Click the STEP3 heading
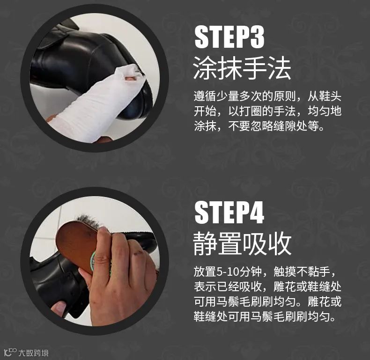click(x=229, y=37)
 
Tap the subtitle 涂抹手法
click(x=242, y=69)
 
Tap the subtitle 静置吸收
click(x=242, y=243)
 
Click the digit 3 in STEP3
click(x=256, y=37)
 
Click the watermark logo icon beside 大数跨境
click(x=10, y=351)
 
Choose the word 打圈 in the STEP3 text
click(x=245, y=112)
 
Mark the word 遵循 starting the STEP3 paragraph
click(x=205, y=97)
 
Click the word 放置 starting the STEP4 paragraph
click(x=204, y=272)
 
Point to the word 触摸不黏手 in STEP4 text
click(x=309, y=272)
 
